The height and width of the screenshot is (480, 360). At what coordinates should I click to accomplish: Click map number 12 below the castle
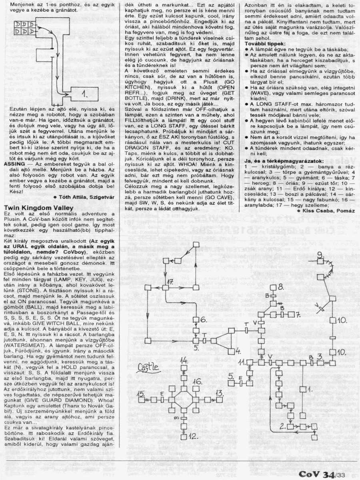(193, 435)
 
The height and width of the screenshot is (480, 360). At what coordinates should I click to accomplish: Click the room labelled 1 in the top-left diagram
(84, 94)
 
